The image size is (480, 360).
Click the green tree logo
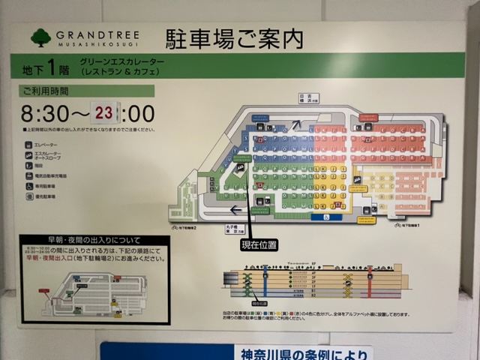pyautogui.click(x=41, y=37)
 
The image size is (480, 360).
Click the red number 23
pyautogui.click(x=104, y=113)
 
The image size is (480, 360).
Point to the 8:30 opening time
pyautogui.click(x=43, y=114)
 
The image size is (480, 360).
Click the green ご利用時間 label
pyautogui.click(x=45, y=91)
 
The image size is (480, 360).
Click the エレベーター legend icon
pyautogui.click(x=28, y=144)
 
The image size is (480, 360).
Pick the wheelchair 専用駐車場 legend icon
pyautogui.click(x=28, y=186)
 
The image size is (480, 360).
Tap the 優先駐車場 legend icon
pyautogui.click(x=28, y=196)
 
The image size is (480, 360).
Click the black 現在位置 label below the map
pyautogui.click(x=259, y=244)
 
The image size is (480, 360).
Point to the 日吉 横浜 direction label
pyautogui.click(x=308, y=97)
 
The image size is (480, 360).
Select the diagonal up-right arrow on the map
pyautogui.click(x=296, y=125)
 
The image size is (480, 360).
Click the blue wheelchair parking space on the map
pyautogui.click(x=326, y=217)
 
